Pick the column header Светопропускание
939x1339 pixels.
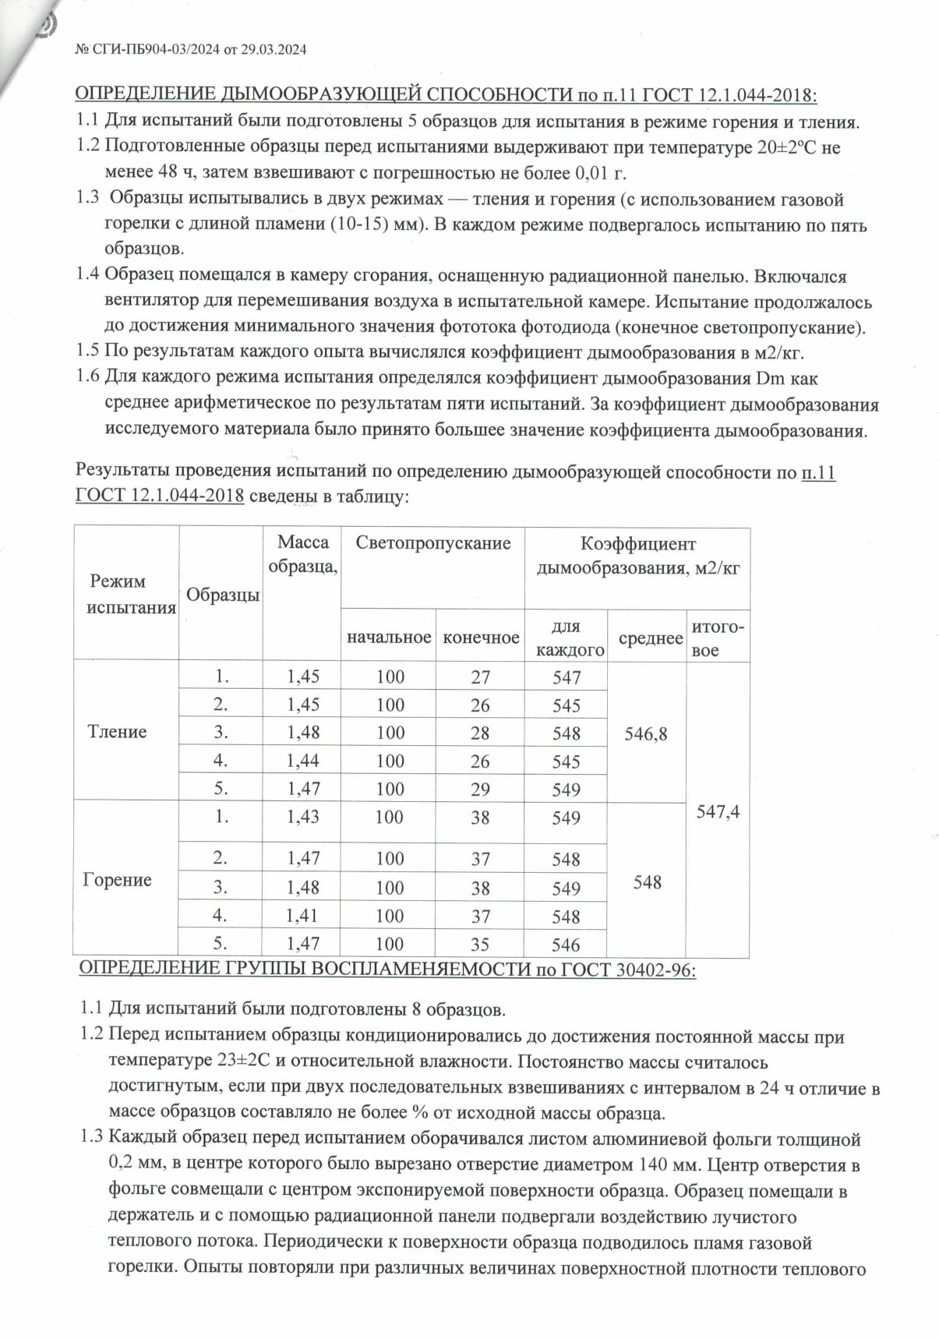[433, 543]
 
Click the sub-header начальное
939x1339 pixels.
[389, 638]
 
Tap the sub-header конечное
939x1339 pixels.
[481, 638]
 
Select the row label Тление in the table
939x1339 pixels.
[117, 731]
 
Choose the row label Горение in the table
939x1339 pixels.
[117, 880]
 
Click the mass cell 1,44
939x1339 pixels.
[303, 761]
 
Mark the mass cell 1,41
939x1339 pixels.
[303, 916]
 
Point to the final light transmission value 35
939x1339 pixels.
[480, 945]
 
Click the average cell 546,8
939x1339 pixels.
[646, 734]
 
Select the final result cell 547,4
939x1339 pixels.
[718, 812]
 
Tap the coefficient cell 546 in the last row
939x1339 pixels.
[566, 945]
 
